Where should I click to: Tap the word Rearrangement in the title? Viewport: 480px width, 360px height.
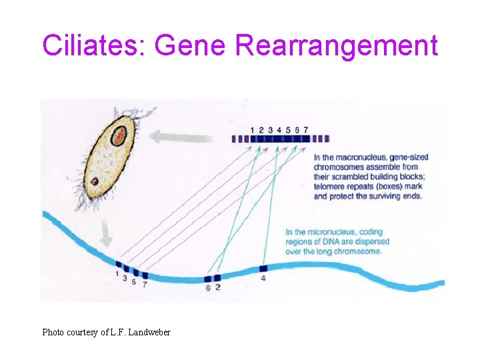click(337, 46)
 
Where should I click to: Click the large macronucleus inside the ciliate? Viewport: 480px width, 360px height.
click(119, 137)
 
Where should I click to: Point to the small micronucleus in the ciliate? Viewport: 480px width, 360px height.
click(95, 181)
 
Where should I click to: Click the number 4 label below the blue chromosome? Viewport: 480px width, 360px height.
click(263, 278)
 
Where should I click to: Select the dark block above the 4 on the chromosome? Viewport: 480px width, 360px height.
click(263, 268)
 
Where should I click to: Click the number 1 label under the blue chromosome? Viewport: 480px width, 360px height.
click(117, 273)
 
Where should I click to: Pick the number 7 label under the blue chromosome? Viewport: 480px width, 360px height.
click(145, 285)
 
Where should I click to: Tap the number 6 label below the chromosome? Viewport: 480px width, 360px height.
click(208, 288)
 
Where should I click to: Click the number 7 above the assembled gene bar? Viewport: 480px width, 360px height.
click(305, 129)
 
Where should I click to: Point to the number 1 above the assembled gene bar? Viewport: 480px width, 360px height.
click(252, 129)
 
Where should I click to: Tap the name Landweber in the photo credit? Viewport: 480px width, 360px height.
click(149, 332)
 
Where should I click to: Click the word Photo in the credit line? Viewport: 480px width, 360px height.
click(53, 332)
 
